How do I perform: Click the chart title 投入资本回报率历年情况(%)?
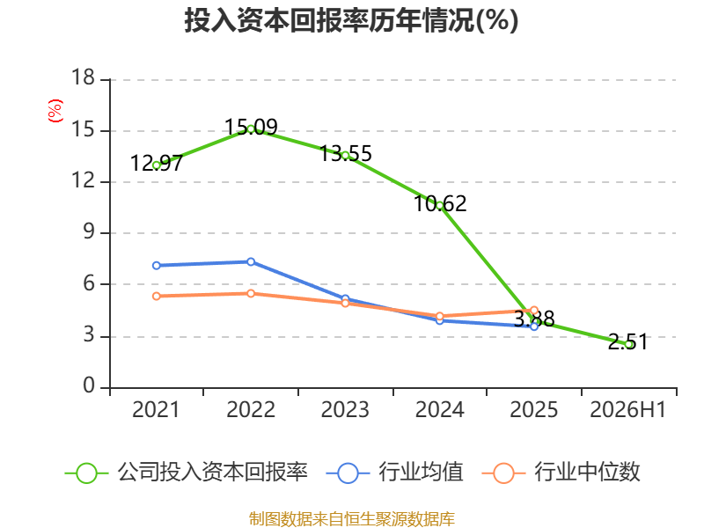click(x=351, y=20)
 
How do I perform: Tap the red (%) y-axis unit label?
click(x=55, y=111)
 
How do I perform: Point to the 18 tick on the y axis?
click(x=84, y=77)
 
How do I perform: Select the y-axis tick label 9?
click(x=90, y=231)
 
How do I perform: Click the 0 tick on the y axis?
click(x=90, y=385)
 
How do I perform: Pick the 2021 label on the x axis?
click(x=156, y=409)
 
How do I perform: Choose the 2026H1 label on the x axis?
click(x=628, y=409)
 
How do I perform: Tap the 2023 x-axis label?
click(x=345, y=409)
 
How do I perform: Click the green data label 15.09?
click(x=251, y=127)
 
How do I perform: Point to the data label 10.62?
click(x=440, y=204)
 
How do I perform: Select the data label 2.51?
click(x=628, y=341)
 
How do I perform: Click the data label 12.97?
click(x=157, y=164)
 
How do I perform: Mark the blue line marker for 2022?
click(x=251, y=261)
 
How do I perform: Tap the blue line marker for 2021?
click(x=157, y=266)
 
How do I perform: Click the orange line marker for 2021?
click(x=157, y=297)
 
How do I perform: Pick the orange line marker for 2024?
click(x=440, y=316)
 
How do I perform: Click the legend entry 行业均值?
click(x=394, y=473)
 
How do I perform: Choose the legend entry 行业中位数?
click(x=561, y=473)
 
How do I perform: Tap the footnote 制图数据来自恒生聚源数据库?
click(x=352, y=519)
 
